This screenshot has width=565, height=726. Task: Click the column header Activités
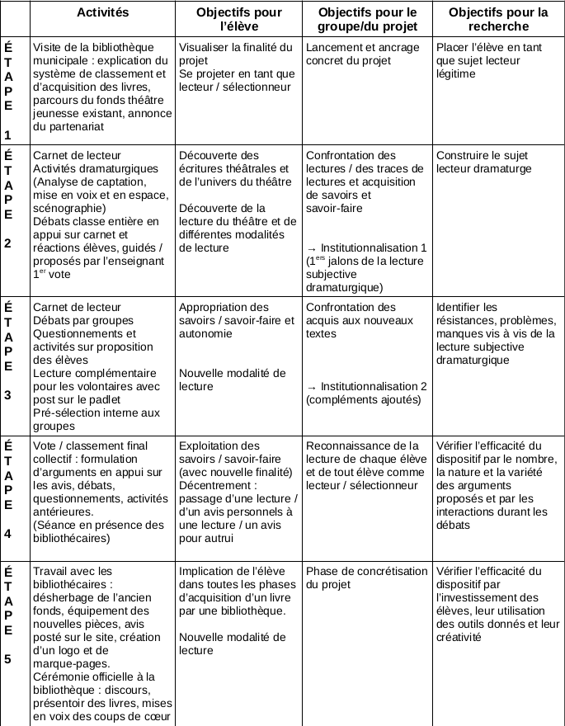[101, 12]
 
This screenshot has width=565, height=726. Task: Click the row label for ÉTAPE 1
[8, 89]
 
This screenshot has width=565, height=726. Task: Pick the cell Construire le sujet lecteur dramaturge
[482, 162]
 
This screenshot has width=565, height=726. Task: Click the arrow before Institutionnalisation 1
[311, 247]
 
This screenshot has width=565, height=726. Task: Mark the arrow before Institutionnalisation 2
[311, 387]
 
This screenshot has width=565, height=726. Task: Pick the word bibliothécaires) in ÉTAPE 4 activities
[72, 539]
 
